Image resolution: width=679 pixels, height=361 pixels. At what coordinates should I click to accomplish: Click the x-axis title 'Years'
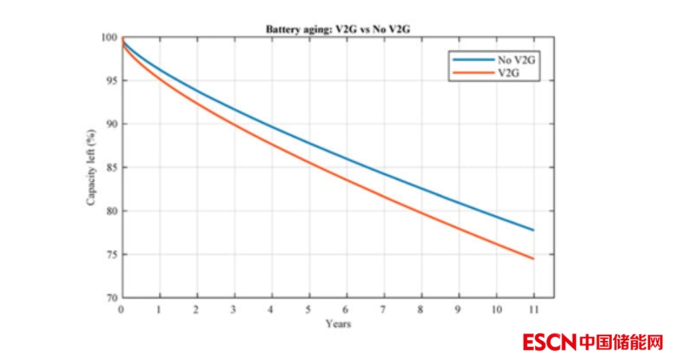click(338, 324)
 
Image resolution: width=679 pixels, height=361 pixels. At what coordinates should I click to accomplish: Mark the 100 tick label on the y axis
click(110, 38)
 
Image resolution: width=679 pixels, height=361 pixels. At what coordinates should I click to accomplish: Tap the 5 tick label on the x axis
click(309, 309)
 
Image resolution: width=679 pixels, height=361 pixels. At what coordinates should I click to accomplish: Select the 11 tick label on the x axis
click(533, 309)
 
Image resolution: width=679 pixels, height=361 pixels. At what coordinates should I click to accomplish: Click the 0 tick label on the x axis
click(122, 309)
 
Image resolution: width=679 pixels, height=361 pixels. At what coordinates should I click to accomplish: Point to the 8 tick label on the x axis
click(422, 309)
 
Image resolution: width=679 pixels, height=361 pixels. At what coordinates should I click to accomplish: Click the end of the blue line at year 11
click(534, 230)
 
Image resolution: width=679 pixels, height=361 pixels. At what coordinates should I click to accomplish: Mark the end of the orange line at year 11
click(534, 259)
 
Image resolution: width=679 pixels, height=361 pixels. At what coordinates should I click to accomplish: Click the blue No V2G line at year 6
click(347, 159)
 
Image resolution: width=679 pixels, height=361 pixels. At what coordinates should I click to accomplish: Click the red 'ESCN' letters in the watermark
click(549, 342)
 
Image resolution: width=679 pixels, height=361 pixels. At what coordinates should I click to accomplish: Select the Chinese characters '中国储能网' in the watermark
click(621, 342)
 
